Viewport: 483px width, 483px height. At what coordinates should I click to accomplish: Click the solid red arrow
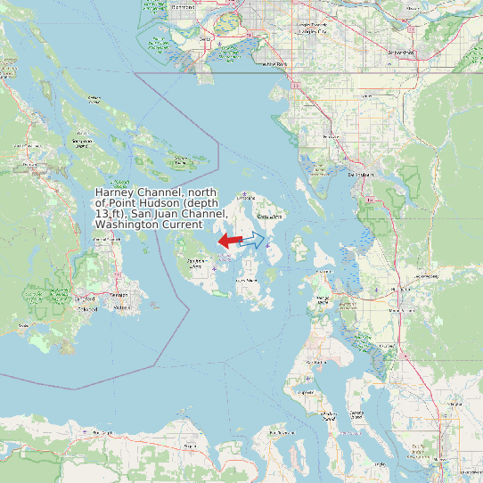click(230, 241)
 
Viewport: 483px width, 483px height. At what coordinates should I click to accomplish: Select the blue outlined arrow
click(252, 239)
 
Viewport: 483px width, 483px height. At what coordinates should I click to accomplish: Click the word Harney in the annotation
click(116, 192)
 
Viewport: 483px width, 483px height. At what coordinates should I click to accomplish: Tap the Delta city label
click(206, 40)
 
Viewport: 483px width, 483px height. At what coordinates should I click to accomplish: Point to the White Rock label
click(275, 64)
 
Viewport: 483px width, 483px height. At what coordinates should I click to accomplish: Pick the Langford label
click(86, 297)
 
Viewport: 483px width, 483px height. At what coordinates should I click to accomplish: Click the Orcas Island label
click(269, 217)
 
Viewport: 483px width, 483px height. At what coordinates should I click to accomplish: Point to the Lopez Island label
click(245, 280)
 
